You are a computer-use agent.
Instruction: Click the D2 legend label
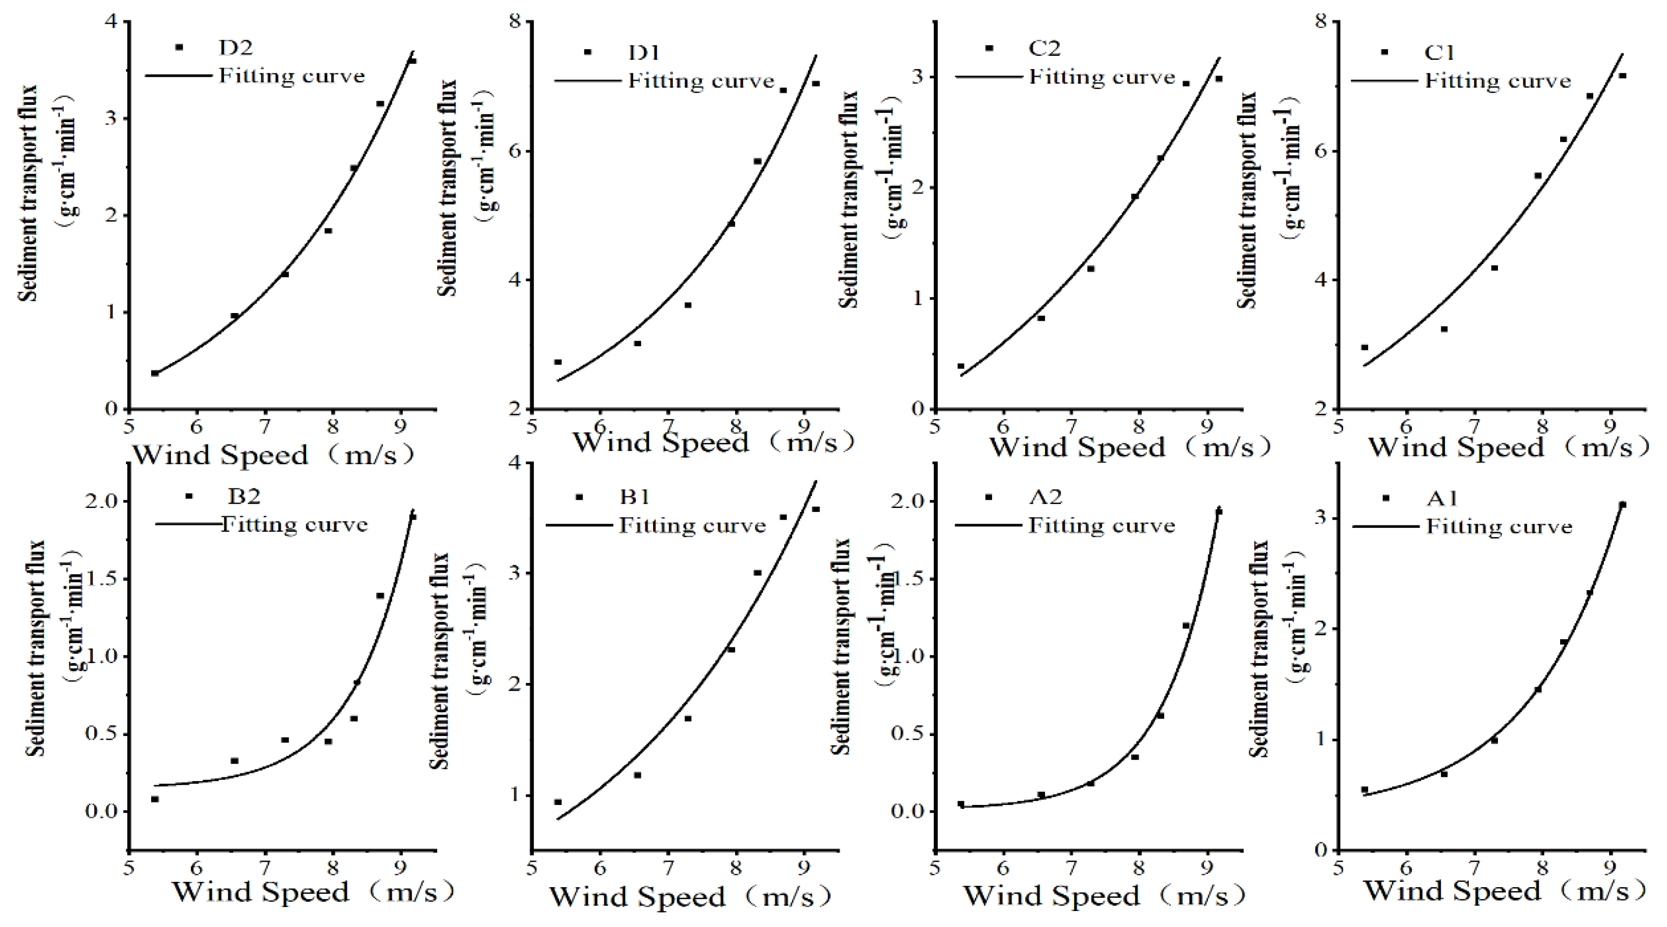pos(235,47)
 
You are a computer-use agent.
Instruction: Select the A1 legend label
pos(1442,498)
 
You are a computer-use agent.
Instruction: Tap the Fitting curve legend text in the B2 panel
pos(294,525)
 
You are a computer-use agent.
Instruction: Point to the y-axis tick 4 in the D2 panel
pos(111,21)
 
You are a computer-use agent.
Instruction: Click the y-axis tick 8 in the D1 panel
pos(515,21)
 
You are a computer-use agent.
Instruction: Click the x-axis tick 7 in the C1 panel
pos(1474,427)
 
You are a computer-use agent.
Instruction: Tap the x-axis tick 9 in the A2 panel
pos(1207,867)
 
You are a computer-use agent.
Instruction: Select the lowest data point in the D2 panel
pos(155,373)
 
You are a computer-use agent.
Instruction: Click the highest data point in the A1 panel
pos(1622,504)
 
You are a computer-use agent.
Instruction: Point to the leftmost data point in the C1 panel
pos(1365,347)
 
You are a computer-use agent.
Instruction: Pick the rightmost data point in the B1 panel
pos(816,509)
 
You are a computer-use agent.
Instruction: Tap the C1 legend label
pos(1439,52)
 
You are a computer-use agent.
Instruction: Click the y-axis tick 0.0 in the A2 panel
pos(908,811)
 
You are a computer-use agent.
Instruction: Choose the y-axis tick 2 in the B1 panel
pos(515,684)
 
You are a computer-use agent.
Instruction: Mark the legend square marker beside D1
pos(587,52)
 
